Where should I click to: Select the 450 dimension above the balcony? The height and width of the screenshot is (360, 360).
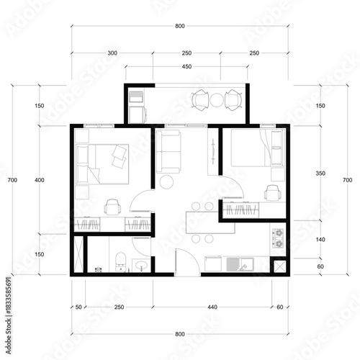(x=186, y=68)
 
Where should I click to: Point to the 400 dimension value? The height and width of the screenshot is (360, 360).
(x=39, y=179)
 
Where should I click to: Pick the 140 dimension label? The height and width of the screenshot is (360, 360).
(x=320, y=239)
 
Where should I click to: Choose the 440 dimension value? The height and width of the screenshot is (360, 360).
(x=212, y=307)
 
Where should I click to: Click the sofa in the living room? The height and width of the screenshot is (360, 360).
(x=171, y=152)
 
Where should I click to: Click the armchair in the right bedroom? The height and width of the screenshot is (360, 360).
(x=272, y=193)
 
